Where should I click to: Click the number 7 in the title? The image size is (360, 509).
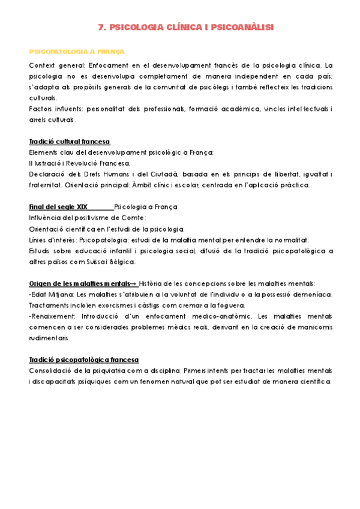(100, 27)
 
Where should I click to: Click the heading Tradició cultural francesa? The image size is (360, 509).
(69, 142)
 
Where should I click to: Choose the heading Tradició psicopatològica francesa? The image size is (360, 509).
(83, 360)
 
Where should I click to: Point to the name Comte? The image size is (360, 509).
(134, 218)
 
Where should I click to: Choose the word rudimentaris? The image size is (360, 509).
(52, 338)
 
